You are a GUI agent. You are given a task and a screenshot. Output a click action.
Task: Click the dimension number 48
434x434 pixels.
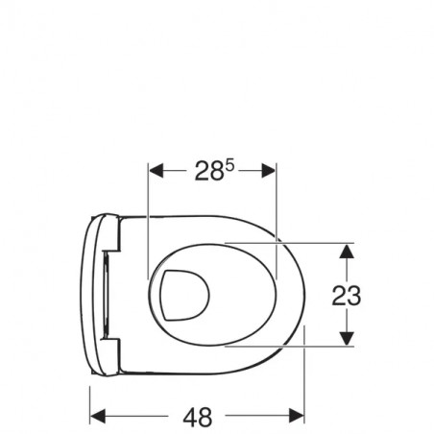(197, 417)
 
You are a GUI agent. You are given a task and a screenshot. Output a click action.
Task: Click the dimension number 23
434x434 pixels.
(347, 296)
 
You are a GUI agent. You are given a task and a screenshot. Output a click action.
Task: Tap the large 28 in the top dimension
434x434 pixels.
(209, 171)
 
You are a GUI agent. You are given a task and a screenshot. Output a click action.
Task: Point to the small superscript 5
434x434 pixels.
(230, 166)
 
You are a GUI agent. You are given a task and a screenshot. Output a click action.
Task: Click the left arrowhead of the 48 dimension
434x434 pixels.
(98, 416)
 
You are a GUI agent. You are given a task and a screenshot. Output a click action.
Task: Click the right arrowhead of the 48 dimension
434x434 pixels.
(297, 416)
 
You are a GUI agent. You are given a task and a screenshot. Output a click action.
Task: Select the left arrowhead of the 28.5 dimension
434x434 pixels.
(157, 170)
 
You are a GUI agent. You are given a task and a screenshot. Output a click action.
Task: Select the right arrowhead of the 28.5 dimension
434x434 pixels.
(269, 170)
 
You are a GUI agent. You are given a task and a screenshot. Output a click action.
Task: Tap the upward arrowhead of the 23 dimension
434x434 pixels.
(347, 252)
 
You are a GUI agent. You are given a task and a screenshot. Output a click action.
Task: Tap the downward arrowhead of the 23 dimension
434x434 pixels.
(347, 338)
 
